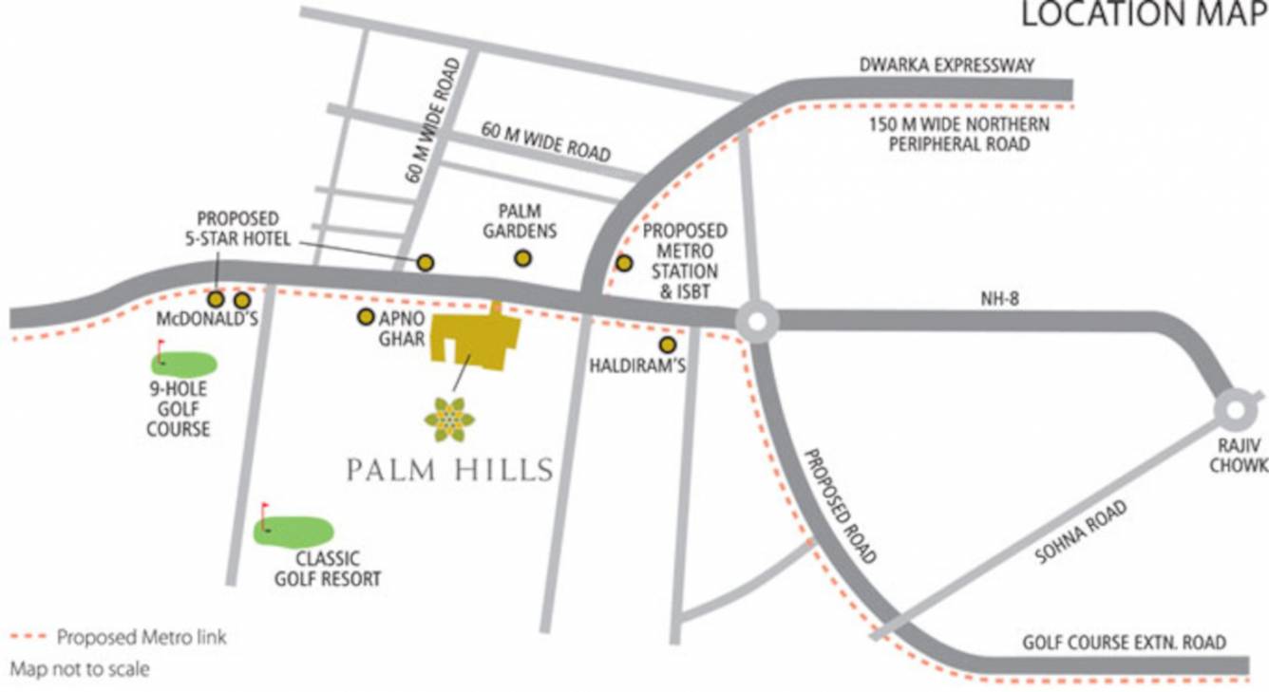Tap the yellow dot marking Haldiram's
pos(668,346)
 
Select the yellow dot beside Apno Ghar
pos(365,317)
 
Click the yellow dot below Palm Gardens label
pos(521,257)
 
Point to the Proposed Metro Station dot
pos(624,263)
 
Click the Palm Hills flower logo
pos(450,419)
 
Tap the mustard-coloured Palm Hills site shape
pos(474,339)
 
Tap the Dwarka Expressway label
pos(946,65)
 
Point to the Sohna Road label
pos(1081,533)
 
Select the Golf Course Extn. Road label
pos(1124,643)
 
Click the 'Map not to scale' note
pos(80,669)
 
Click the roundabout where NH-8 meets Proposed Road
pos(758,322)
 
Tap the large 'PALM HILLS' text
pos(449,470)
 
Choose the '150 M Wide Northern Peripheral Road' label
pos(959,135)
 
